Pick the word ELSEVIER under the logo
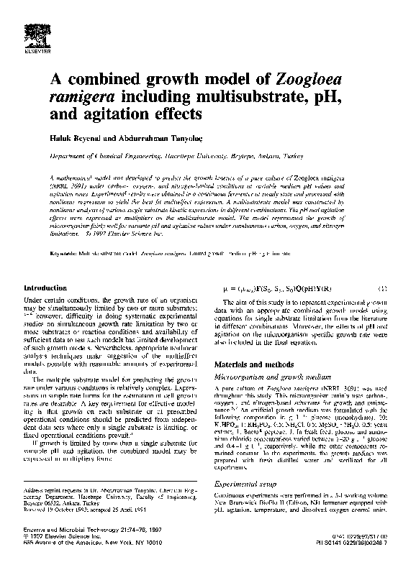click(36, 52)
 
